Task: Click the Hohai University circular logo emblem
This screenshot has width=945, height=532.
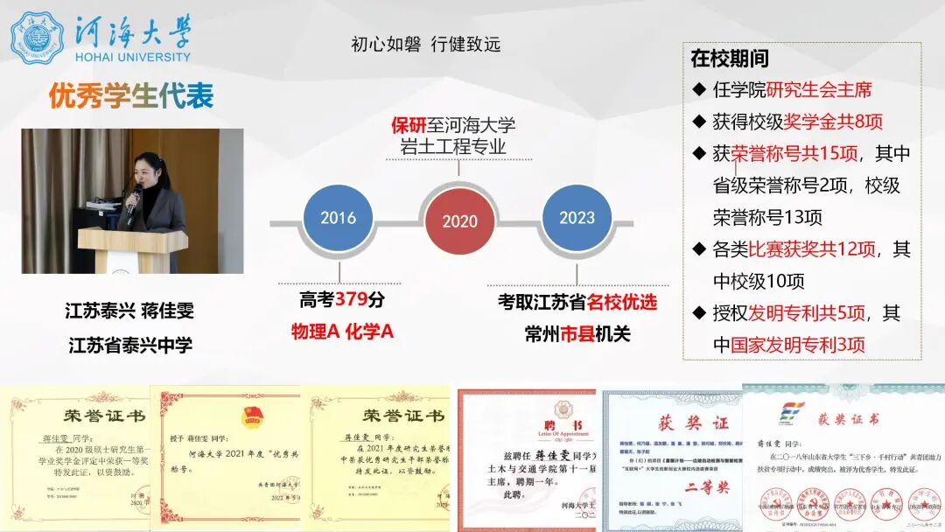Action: click(37, 38)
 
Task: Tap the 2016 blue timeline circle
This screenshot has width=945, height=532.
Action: click(338, 219)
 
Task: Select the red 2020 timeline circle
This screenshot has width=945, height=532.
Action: click(459, 221)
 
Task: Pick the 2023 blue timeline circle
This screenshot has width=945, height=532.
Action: click(577, 219)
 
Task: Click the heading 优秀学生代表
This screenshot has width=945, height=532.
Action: click(131, 96)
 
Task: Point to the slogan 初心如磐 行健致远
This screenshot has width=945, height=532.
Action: click(425, 45)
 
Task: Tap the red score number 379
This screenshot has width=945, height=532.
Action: click(351, 300)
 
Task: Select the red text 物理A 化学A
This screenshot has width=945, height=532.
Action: click(342, 332)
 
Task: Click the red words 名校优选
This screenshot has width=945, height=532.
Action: click(621, 303)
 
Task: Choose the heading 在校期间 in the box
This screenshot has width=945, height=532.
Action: click(730, 59)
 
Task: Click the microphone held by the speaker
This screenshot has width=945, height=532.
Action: click(134, 199)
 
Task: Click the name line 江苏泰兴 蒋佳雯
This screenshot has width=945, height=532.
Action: click(129, 311)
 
